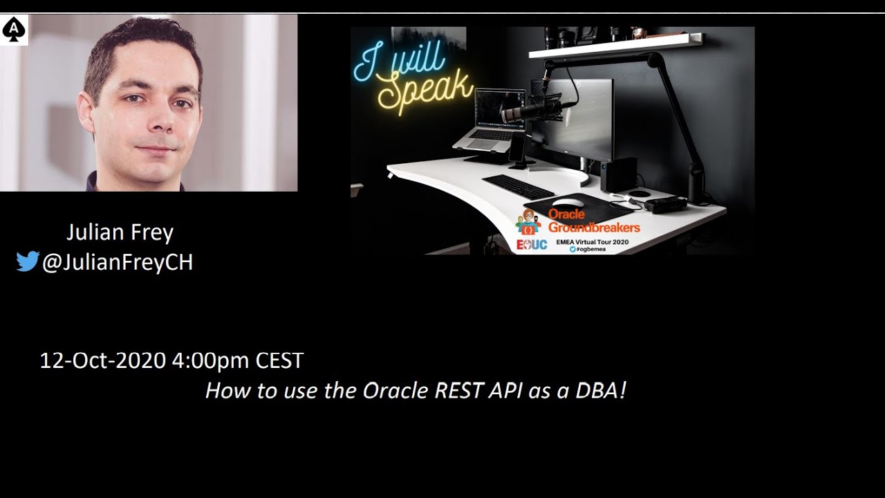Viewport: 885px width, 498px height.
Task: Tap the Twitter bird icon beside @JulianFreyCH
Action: (x=27, y=262)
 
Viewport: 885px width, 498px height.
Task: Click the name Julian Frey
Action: (x=120, y=232)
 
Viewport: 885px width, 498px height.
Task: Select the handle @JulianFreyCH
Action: (x=117, y=262)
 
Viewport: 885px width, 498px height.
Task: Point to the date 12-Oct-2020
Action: (x=102, y=360)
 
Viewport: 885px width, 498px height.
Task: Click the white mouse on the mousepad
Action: (x=568, y=203)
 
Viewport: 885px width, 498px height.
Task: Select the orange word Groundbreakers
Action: (x=594, y=228)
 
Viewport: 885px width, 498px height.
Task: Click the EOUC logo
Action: (x=532, y=245)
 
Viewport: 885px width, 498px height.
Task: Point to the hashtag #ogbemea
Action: (x=590, y=249)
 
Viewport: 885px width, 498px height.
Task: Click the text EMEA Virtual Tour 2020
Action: (x=593, y=241)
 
